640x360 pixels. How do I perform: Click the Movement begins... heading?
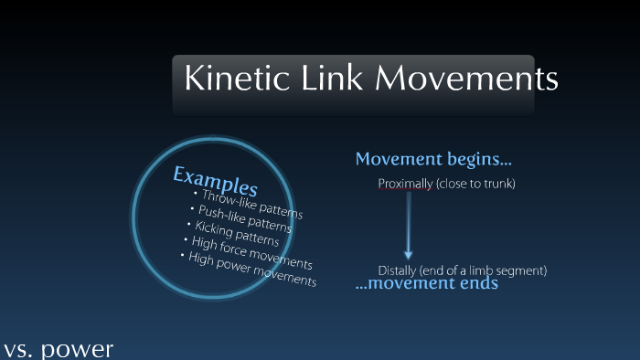click(427, 160)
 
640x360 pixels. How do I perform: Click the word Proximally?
click(405, 185)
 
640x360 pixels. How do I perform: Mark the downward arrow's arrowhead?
click(408, 254)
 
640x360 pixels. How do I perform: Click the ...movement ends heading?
click(426, 284)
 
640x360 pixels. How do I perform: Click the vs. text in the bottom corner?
click(18, 350)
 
